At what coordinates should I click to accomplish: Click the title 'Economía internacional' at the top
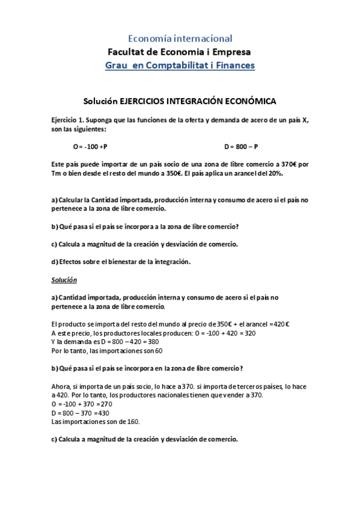click(x=180, y=38)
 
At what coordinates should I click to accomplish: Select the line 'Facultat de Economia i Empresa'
click(x=180, y=52)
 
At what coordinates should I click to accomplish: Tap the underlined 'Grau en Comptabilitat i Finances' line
click(x=180, y=65)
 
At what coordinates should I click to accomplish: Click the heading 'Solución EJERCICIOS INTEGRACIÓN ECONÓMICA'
click(x=180, y=102)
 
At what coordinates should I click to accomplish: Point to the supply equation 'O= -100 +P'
click(x=90, y=146)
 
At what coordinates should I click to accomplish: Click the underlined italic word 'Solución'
click(x=64, y=280)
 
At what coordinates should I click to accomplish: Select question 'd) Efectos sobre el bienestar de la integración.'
click(x=121, y=262)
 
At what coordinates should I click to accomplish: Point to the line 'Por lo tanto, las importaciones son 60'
click(x=107, y=351)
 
